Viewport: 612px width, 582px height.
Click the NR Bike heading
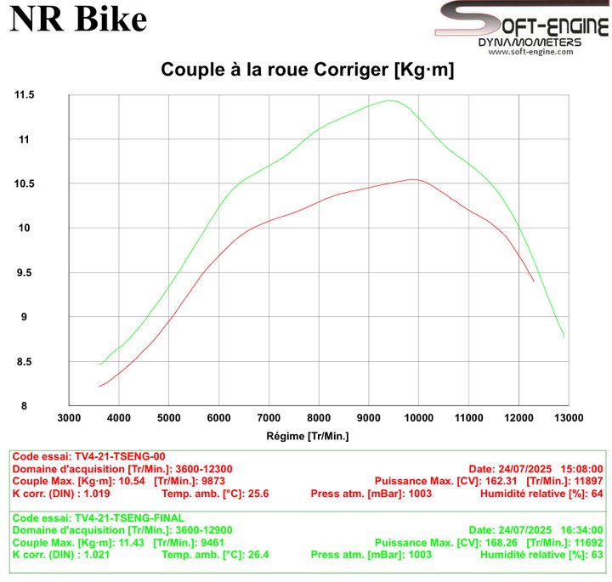coord(78,19)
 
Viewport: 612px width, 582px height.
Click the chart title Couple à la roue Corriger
coord(275,70)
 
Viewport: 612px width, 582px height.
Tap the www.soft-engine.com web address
coord(530,52)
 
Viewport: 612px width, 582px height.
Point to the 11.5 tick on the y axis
coord(24,95)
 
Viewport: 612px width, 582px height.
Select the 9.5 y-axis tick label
coord(24,273)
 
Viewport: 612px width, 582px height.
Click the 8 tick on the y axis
coord(24,405)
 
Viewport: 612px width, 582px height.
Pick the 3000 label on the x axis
coord(69,418)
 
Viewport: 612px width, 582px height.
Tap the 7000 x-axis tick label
coord(269,418)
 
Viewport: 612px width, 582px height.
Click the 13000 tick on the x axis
coord(569,418)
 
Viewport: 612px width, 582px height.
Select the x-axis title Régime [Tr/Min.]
coord(308,436)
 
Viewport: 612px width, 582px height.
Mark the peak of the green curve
coord(390,100)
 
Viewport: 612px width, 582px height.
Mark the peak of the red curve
coord(414,179)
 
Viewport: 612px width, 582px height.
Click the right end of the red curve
coord(534,281)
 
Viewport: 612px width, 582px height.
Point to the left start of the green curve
coord(100,364)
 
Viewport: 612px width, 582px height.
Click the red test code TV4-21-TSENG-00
coord(120,456)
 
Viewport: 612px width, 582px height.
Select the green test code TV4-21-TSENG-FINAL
coord(129,518)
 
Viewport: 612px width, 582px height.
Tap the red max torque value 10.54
coord(132,481)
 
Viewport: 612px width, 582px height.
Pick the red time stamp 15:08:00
coord(582,469)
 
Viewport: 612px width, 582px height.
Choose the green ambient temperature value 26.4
coord(258,555)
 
